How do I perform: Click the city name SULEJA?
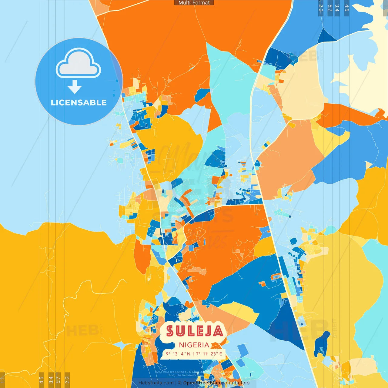[x=195, y=331]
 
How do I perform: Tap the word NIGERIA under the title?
[x=194, y=345]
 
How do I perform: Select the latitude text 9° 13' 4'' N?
[x=178, y=354]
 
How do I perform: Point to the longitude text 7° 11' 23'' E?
[x=209, y=354]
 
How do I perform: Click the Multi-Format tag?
[x=194, y=3]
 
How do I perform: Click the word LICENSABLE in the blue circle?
[x=79, y=102]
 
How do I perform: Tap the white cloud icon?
[x=79, y=63]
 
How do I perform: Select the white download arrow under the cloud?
[x=75, y=87]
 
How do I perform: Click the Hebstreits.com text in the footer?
[x=156, y=383]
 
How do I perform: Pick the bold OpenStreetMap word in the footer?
[x=202, y=383]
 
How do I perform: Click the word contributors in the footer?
[x=236, y=383]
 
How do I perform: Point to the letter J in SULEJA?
[x=207, y=331]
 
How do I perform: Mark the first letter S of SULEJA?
[x=170, y=331]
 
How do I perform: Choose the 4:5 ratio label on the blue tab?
[x=347, y=8]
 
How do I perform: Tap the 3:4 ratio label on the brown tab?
[x=51, y=380]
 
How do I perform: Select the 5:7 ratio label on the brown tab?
[x=58, y=380]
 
